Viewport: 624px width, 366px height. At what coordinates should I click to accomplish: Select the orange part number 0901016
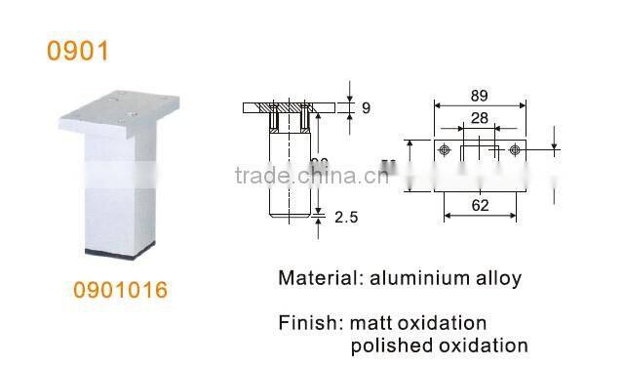coord(121,290)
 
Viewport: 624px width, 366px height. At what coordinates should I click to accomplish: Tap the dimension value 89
coord(478,96)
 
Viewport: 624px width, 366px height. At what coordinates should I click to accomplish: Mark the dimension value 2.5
coord(346,219)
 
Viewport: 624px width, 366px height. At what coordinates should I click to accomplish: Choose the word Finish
coord(307,322)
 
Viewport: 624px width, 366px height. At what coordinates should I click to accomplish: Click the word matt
coord(371,322)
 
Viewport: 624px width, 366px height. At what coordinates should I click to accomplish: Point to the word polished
coord(387,346)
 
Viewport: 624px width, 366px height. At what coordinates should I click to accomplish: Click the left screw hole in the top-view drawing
coord(446,150)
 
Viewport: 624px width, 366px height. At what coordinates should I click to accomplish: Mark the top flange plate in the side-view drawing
coord(291,106)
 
